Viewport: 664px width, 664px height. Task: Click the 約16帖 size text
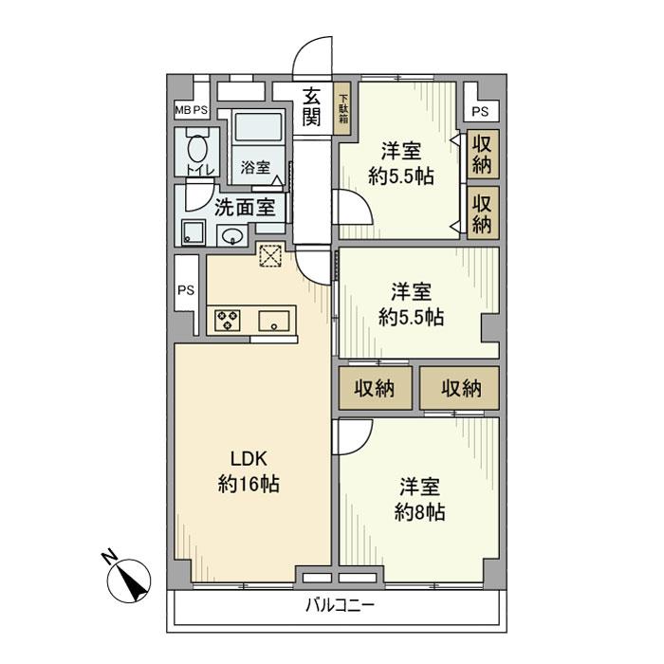pos(249,485)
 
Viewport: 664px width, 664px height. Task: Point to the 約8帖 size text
pos(418,513)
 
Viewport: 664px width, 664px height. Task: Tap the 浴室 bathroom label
pos(255,168)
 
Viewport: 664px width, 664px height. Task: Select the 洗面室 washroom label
pos(244,206)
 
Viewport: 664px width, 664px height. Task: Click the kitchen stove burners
pos(228,320)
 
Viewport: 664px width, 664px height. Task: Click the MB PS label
pos(191,111)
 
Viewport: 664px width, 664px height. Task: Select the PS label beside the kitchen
pos(186,291)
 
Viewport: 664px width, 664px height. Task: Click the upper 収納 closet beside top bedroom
pos(483,153)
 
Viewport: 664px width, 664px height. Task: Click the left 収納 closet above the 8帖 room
pos(375,387)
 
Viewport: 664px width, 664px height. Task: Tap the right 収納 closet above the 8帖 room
pos(460,387)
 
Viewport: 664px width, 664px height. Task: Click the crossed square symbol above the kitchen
pos(271,255)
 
